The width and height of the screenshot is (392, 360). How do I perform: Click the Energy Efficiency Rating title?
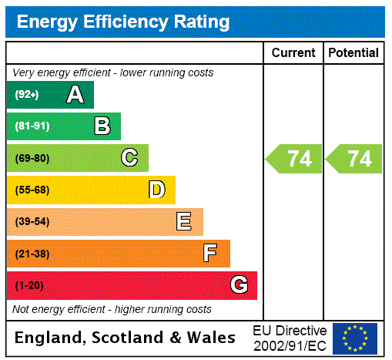coord(123,22)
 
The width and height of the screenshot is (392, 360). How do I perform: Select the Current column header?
coord(293,53)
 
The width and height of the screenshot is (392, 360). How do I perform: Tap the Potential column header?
coord(353,53)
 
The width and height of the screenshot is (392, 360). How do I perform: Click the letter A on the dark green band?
coord(75,95)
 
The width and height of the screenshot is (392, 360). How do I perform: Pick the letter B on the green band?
coord(102,126)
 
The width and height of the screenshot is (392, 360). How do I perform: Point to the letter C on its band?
coord(129,158)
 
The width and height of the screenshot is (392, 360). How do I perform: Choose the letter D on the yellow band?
coord(156,190)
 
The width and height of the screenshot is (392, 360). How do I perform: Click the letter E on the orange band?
coord(184,222)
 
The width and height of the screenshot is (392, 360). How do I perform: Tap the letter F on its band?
coord(210,254)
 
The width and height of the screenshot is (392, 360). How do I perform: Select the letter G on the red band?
coord(239,285)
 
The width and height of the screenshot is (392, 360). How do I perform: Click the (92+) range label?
coord(27,96)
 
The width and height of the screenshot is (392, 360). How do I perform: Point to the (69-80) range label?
coord(32,159)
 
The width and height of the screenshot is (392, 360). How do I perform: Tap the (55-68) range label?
coord(32,190)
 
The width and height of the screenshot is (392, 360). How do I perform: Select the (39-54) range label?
coord(32,222)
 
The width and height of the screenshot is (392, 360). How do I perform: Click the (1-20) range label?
coord(29,286)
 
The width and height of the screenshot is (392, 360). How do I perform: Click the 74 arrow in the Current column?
coord(295,159)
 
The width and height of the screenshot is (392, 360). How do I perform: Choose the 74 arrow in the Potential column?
coord(355,159)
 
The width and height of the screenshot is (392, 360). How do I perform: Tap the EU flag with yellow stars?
coord(355,338)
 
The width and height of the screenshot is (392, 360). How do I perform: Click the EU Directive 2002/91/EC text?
coord(290,338)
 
